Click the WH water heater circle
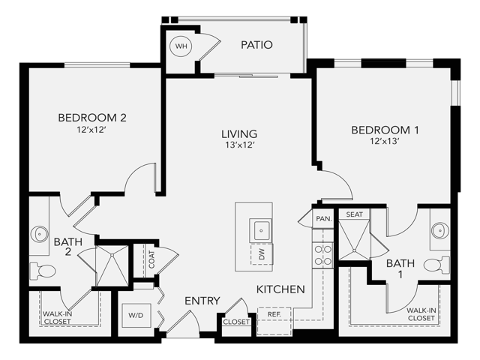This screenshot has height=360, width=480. point(181,46)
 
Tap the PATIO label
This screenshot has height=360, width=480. point(256,45)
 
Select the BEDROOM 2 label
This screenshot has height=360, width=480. point(91,117)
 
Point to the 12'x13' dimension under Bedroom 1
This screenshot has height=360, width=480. point(385,141)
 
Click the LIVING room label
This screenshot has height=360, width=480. point(239,134)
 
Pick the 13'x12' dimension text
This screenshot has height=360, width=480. point(239,145)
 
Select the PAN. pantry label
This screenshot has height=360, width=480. point(323,219)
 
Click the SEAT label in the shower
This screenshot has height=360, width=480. point(354,214)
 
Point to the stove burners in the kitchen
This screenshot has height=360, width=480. point(322,255)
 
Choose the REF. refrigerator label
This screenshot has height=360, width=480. point(274,313)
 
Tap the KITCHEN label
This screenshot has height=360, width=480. point(280,289)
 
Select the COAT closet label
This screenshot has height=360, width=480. point(151,260)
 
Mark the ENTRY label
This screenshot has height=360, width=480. point(202,301)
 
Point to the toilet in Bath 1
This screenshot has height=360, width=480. point(434,264)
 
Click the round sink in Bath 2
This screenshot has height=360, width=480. point(39,235)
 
